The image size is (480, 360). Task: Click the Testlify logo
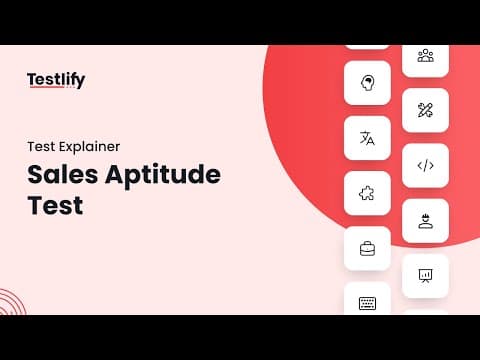click(56, 80)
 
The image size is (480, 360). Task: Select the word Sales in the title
click(63, 174)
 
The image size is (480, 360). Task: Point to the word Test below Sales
click(55, 205)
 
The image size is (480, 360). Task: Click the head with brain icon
click(367, 83)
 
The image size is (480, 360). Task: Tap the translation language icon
click(367, 138)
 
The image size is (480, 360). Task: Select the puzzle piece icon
click(367, 193)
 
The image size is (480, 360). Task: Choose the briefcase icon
click(367, 249)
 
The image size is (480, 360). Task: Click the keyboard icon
click(367, 303)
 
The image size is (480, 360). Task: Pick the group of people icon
click(426, 56)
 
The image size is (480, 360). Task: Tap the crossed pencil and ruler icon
click(425, 110)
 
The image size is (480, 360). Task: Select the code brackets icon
click(426, 166)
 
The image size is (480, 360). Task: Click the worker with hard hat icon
click(426, 221)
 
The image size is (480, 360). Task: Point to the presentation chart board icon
click(425, 276)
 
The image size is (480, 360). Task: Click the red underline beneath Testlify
click(46, 87)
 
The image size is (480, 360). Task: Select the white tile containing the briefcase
click(367, 248)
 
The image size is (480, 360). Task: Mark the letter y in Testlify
click(80, 82)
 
